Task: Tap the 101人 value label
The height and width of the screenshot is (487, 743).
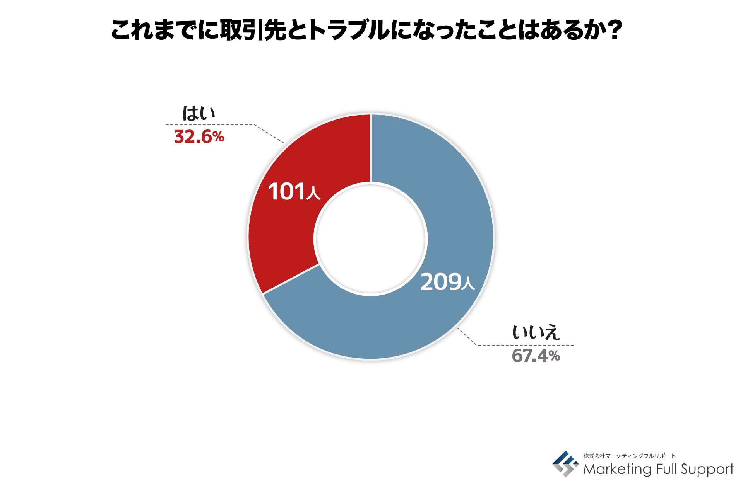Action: [294, 192]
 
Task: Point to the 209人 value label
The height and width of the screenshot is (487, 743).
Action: [447, 282]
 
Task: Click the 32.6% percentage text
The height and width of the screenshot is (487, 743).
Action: [199, 137]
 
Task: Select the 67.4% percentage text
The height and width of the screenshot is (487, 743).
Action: [536, 356]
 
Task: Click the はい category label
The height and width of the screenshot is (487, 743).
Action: [199, 113]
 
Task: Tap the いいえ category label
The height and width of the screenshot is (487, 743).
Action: [536, 332]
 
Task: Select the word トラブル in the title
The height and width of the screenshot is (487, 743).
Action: [348, 30]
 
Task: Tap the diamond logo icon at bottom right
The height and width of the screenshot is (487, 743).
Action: [565, 463]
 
